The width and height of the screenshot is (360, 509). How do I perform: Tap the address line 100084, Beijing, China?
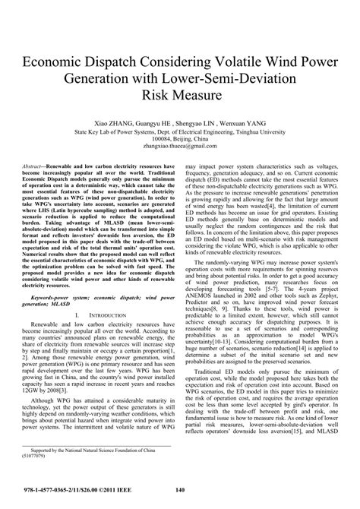pos(180,139)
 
